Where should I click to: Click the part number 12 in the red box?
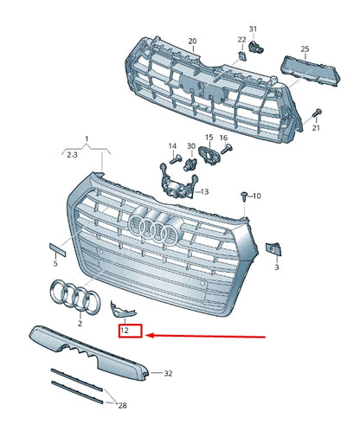pos(125,331)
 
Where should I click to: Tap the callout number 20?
pos(192,41)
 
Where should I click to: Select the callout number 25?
pos(305,48)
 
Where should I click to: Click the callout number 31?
pos(254,29)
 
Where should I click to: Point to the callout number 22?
pos(241,39)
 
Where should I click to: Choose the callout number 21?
pos(316,128)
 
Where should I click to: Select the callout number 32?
pos(168,373)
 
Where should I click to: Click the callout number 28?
pos(123,405)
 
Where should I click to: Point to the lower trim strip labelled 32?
pos(87,347)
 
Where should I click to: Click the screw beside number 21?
pos(318,113)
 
